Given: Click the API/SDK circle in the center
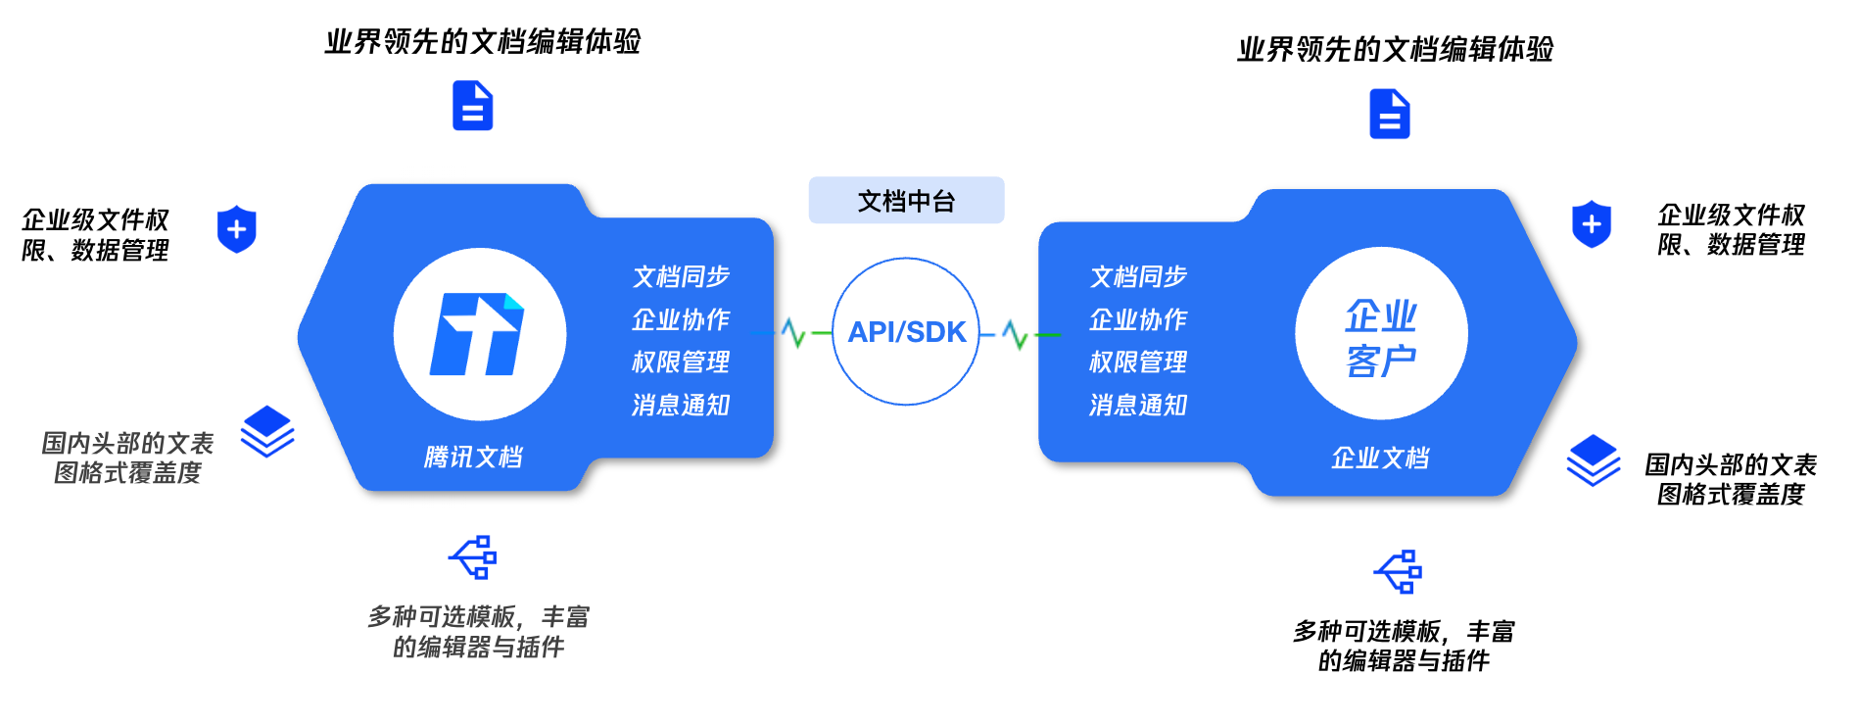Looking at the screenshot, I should click(x=906, y=331).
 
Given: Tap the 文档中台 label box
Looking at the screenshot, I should click(x=906, y=201).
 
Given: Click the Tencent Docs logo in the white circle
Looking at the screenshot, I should click(x=478, y=334).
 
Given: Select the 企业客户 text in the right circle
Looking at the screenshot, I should click(x=1381, y=338).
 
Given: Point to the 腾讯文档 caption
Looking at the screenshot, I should click(x=473, y=457).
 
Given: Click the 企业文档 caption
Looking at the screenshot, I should click(x=1380, y=458).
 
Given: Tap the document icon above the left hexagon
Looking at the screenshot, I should click(x=472, y=106).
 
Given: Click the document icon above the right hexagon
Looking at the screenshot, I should click(x=1389, y=114).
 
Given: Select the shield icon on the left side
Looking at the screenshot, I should click(x=236, y=229).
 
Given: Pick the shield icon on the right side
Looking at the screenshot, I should click(x=1591, y=224).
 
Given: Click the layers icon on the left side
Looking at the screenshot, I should click(x=267, y=431).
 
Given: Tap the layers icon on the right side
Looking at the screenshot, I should click(x=1593, y=459).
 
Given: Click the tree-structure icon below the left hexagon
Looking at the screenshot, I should click(x=474, y=557).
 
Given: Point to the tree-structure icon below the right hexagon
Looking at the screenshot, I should click(x=1399, y=572).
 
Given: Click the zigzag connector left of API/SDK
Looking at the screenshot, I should click(x=794, y=333).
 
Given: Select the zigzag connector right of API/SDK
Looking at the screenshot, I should click(x=1016, y=335).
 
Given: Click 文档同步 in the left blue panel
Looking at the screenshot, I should click(x=681, y=276).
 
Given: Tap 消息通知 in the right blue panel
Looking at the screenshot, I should click(x=1138, y=405).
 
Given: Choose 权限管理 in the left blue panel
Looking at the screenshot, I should click(x=681, y=361).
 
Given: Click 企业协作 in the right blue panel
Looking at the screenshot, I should click(x=1138, y=319).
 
